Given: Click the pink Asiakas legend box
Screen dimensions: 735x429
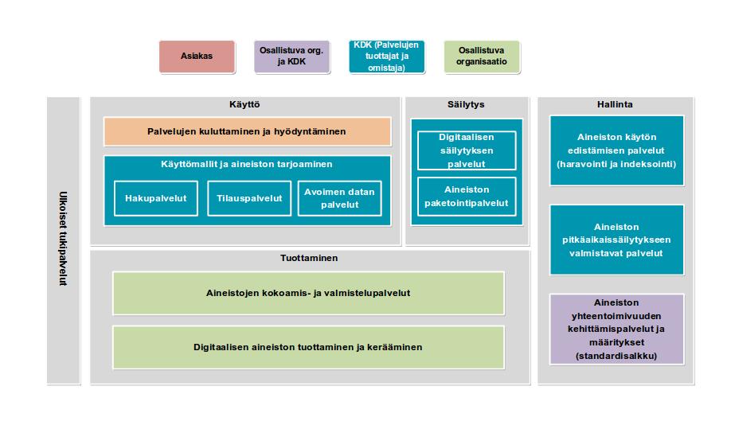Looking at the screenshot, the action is pyautogui.click(x=197, y=57).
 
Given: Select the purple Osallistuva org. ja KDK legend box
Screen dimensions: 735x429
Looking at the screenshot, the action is pyautogui.click(x=291, y=57).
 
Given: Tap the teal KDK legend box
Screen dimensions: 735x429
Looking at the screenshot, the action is pyautogui.click(x=387, y=57).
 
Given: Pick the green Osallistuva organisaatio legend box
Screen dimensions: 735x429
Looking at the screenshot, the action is pyautogui.click(x=482, y=57).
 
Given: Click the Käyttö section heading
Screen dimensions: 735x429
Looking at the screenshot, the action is pyautogui.click(x=244, y=104).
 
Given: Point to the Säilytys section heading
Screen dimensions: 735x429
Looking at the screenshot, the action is pyautogui.click(x=466, y=104).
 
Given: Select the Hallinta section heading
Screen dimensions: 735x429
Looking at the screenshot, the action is pyautogui.click(x=615, y=104).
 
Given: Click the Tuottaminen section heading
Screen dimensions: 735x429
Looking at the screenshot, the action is pyautogui.click(x=309, y=258).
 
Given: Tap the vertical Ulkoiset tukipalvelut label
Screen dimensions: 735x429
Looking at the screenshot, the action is pyautogui.click(x=63, y=239).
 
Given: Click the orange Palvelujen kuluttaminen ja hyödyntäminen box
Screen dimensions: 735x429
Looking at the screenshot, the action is pyautogui.click(x=247, y=131).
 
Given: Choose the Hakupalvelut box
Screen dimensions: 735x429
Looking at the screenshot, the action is pyautogui.click(x=155, y=198).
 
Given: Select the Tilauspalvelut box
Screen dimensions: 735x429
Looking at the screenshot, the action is pyautogui.click(x=249, y=198).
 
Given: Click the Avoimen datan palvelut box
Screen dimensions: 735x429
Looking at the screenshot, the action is pyautogui.click(x=339, y=198).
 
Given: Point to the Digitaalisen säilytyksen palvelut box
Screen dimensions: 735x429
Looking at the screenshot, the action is pyautogui.click(x=467, y=150).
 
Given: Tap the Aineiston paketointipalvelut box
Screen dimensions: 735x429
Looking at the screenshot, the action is pyautogui.click(x=467, y=197).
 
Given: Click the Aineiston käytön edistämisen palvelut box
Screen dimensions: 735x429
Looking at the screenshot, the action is pyautogui.click(x=616, y=150).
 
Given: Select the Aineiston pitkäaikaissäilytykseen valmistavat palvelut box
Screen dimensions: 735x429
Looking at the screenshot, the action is pyautogui.click(x=616, y=240).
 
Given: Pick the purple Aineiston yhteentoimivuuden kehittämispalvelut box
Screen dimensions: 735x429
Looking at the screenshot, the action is pyautogui.click(x=616, y=329).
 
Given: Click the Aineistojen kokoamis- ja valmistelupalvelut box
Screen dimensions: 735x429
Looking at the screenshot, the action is pyautogui.click(x=308, y=293).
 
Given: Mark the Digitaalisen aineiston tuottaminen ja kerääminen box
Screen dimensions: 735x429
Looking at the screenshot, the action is pyautogui.click(x=308, y=347).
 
